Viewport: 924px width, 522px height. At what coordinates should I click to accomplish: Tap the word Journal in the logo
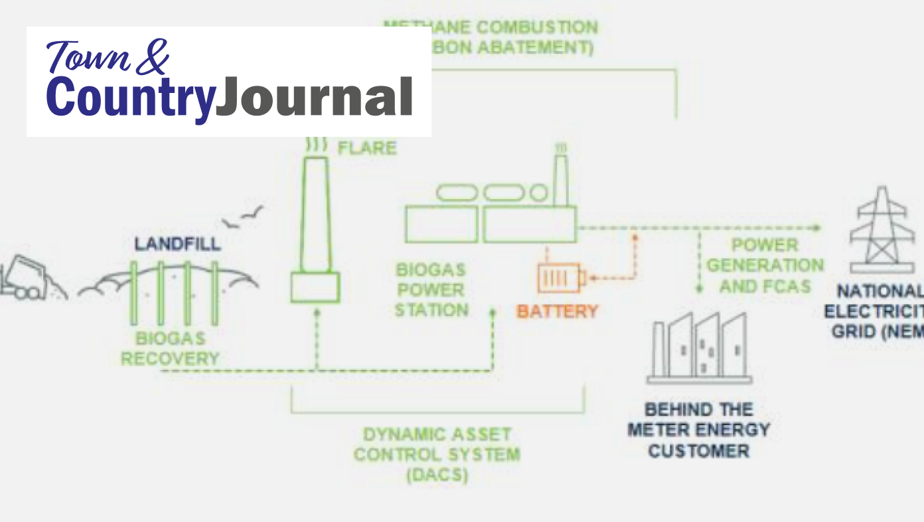(x=315, y=98)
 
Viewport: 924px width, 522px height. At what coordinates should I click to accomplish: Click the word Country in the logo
(x=131, y=98)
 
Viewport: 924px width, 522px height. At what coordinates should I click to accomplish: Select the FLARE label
(x=367, y=147)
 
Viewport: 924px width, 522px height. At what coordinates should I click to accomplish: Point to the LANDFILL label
(x=177, y=244)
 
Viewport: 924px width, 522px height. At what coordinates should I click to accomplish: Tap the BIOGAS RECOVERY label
(x=170, y=349)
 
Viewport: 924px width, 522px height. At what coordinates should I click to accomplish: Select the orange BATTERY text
(x=557, y=311)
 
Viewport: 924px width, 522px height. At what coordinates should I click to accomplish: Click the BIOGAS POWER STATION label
(x=431, y=290)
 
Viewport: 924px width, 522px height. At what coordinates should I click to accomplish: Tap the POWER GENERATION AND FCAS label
(x=765, y=266)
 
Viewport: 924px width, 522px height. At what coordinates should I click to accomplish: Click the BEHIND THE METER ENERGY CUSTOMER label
(x=699, y=430)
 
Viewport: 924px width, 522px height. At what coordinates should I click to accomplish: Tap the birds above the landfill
(x=242, y=217)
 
